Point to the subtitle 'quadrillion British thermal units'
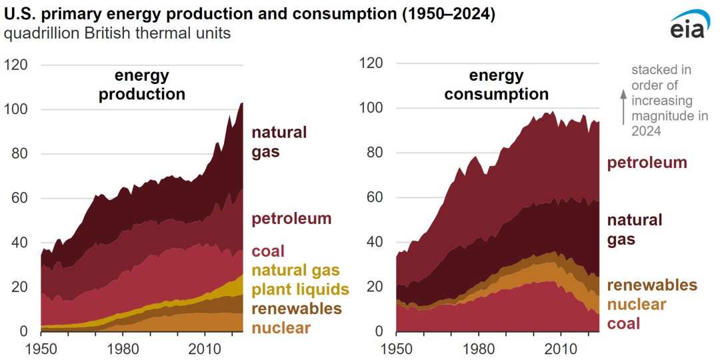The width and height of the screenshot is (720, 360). coord(117,33)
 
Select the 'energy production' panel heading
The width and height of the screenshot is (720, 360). coord(142,85)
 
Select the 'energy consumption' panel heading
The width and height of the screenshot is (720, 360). coord(497,85)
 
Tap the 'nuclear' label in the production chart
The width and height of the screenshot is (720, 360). coord(281,327)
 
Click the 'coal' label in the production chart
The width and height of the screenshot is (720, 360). coord(268,251)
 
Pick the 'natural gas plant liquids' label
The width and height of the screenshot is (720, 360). coord(300,279)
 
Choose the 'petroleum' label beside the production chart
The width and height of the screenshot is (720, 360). coord(291,219)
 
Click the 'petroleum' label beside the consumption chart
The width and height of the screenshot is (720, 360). coord(647,163)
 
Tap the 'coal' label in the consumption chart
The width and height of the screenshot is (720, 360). coord(623,324)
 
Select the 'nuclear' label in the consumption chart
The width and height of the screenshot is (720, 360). coord(636,305)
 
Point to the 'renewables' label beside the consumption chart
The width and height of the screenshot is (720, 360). coord(652,285)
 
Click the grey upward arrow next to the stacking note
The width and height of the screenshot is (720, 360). coord(624,107)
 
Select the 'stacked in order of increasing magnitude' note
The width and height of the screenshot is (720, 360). coord(662,101)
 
